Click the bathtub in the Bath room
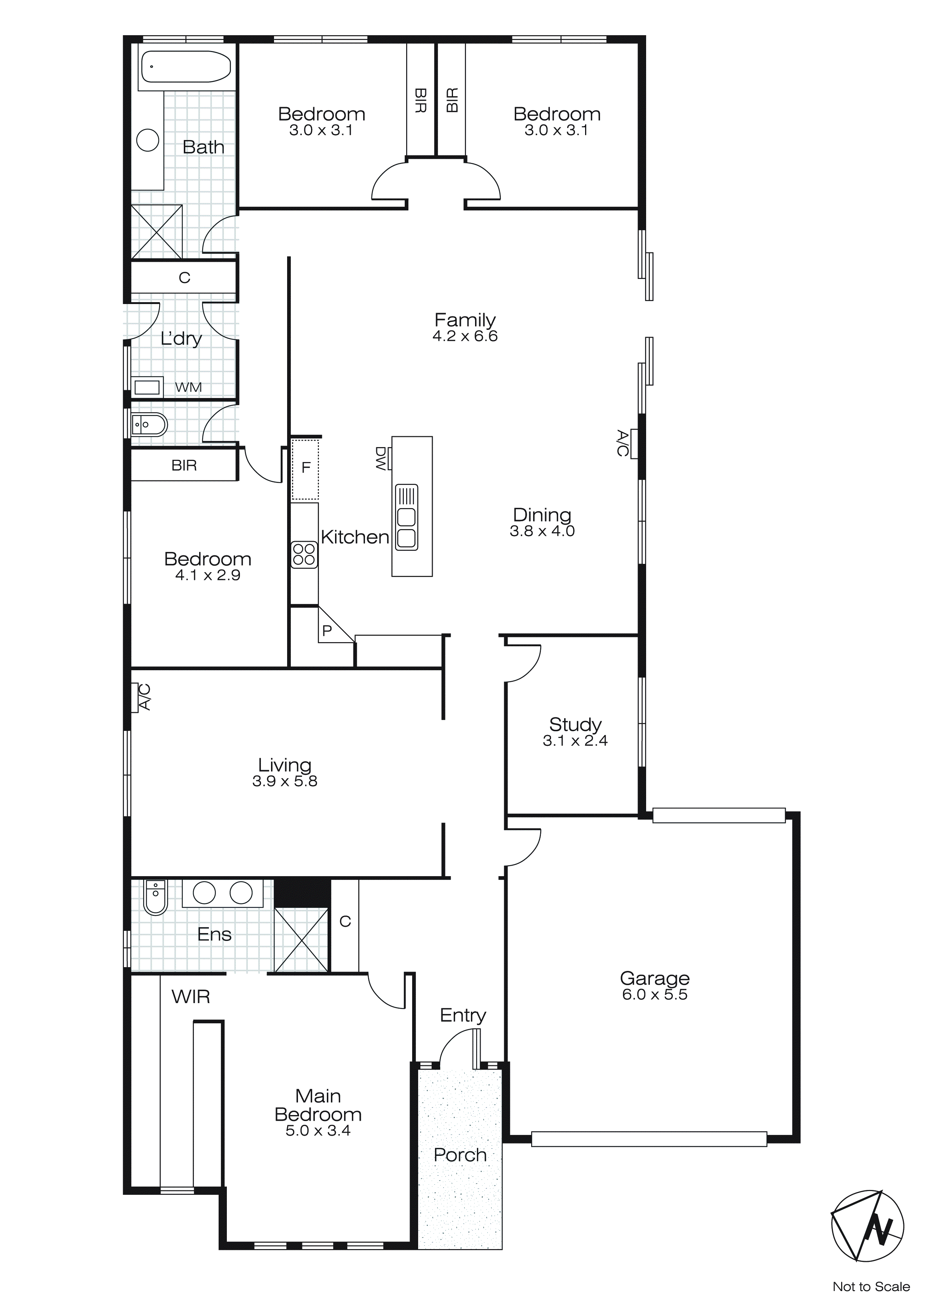click(x=186, y=67)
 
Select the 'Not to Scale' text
click(x=871, y=1286)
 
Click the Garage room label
click(x=655, y=978)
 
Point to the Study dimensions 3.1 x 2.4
click(x=575, y=741)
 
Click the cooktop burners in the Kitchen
click(x=304, y=554)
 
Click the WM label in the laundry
click(x=189, y=388)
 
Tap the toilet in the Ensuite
click(x=155, y=898)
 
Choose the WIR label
click(x=191, y=997)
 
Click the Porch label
click(x=460, y=1155)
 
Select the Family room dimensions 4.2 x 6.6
click(x=465, y=336)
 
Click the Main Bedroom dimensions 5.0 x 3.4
click(x=318, y=1130)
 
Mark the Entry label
click(x=463, y=1015)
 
